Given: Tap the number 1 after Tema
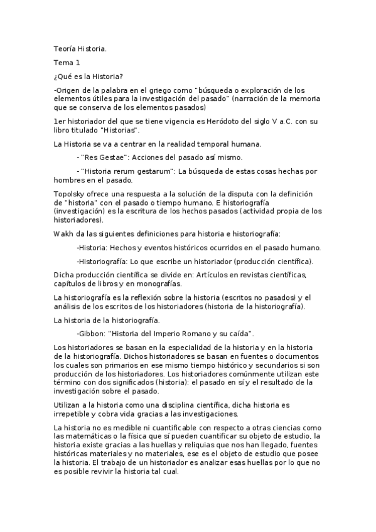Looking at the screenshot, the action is (x=78, y=63).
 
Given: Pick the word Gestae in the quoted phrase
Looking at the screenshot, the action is (x=113, y=157).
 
